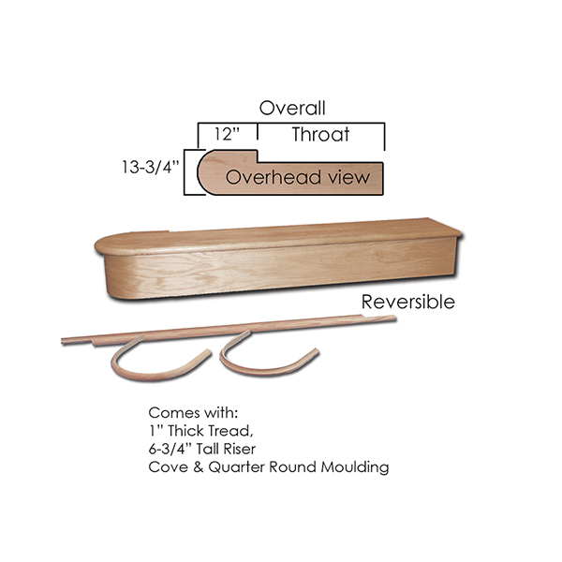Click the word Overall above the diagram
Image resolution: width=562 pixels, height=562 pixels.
(292, 108)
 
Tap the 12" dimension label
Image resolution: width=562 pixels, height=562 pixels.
(227, 134)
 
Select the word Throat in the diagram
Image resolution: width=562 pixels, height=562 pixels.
(320, 134)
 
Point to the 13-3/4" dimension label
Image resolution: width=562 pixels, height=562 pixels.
(150, 167)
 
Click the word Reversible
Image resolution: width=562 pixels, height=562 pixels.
(407, 302)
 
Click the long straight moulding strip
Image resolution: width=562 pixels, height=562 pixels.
(229, 330)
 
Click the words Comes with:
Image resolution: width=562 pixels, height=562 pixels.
(193, 413)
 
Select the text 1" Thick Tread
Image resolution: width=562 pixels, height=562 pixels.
(200, 431)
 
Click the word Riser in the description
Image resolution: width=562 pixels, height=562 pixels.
(240, 449)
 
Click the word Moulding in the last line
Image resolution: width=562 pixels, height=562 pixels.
(355, 467)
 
